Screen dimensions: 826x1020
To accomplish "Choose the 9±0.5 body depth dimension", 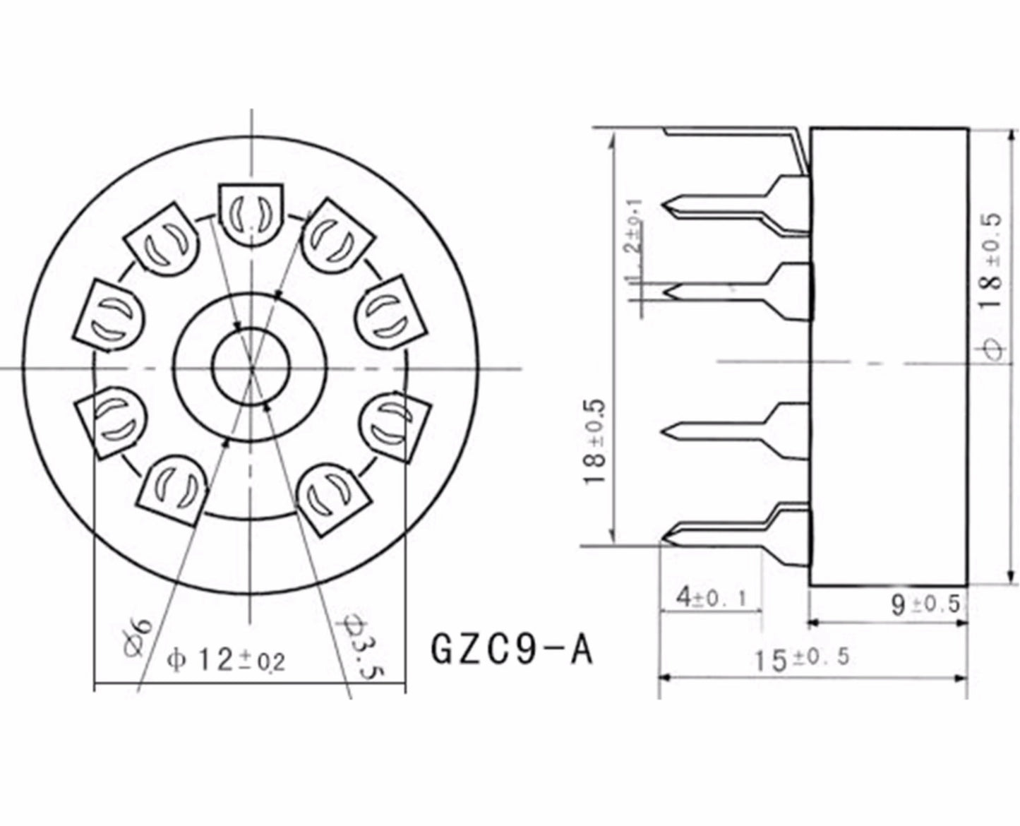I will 925,604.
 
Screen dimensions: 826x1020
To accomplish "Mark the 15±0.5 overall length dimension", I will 801,659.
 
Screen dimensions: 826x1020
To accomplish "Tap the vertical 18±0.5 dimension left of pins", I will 595,441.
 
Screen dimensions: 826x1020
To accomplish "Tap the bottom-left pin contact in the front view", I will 174,490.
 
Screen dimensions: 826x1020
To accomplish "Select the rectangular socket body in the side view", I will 888,357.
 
